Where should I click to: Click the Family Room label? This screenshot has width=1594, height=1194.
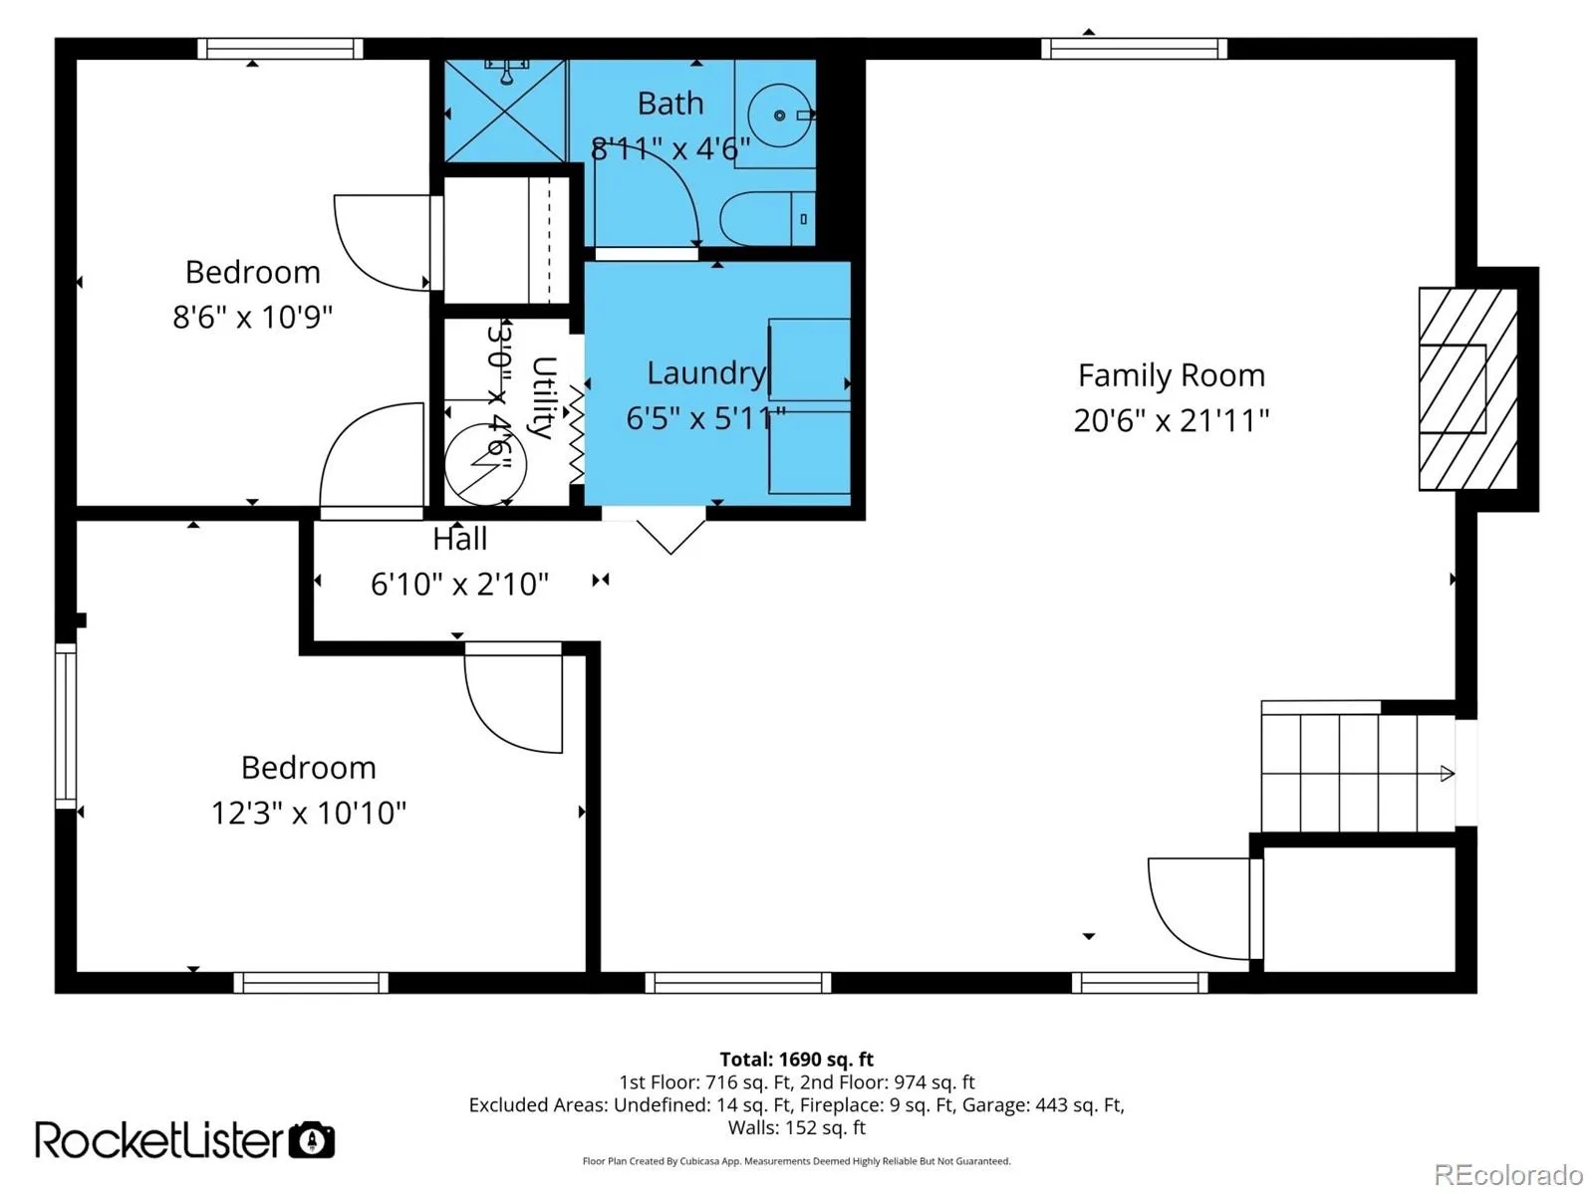[1171, 375]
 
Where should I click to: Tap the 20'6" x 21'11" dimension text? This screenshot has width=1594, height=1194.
[1171, 420]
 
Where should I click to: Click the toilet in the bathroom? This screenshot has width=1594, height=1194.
[767, 218]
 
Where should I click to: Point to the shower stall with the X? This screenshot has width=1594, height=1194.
[505, 112]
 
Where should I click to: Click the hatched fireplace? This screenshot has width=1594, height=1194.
[1467, 389]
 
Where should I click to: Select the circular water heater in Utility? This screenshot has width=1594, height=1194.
[484, 464]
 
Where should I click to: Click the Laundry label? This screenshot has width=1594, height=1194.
[706, 373]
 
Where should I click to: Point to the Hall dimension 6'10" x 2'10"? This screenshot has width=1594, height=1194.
[459, 584]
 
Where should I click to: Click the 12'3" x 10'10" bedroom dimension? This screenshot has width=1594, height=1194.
[309, 813]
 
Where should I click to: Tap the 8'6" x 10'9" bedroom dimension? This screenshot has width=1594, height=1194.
[252, 317]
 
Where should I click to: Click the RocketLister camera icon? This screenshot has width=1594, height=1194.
[312, 1140]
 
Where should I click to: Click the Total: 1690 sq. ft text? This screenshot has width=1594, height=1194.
[797, 1059]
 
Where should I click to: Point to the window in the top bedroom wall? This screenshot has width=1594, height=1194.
[280, 49]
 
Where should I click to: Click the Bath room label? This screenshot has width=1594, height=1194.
[670, 104]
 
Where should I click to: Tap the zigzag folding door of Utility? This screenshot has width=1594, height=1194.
[576, 434]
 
